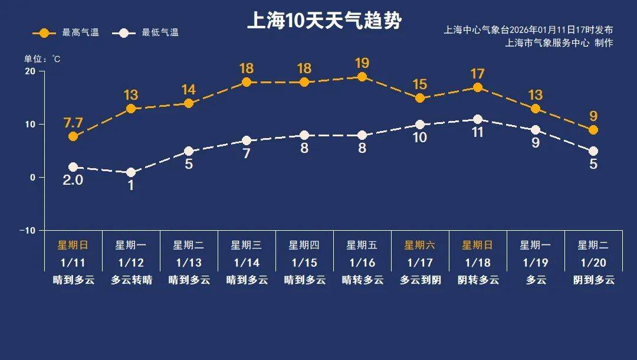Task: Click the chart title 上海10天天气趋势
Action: click(x=324, y=21)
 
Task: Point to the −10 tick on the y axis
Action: click(x=28, y=230)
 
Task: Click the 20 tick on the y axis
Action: click(x=30, y=71)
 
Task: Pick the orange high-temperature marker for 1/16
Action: click(x=362, y=77)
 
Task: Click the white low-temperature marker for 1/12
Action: click(x=131, y=172)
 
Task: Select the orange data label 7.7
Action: click(x=73, y=123)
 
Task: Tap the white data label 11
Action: click(x=478, y=132)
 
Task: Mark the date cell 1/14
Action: click(x=247, y=263)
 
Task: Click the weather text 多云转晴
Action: click(x=131, y=280)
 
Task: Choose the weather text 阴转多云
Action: click(x=478, y=280)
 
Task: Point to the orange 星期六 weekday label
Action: click(x=420, y=245)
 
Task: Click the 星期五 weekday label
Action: click(x=362, y=245)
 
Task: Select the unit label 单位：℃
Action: click(x=42, y=59)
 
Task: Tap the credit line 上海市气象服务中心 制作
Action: click(x=559, y=42)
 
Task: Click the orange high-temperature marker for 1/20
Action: click(x=593, y=130)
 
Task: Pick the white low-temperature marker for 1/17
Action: click(x=420, y=125)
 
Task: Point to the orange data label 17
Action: click(x=478, y=74)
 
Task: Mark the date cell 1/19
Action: click(x=536, y=263)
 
